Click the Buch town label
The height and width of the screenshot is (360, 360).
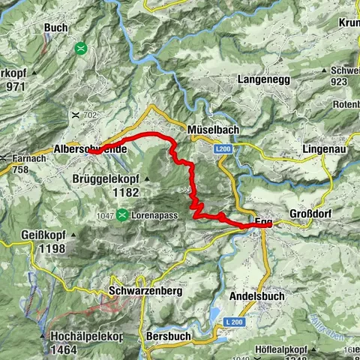tap(55, 28)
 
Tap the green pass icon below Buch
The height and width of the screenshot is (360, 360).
tap(80, 49)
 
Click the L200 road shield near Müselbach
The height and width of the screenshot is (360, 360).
tap(222, 151)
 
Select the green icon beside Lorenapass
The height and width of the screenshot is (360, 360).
tap(121, 214)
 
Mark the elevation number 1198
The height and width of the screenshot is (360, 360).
tap(36, 247)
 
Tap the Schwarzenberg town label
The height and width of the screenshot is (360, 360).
tap(145, 290)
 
